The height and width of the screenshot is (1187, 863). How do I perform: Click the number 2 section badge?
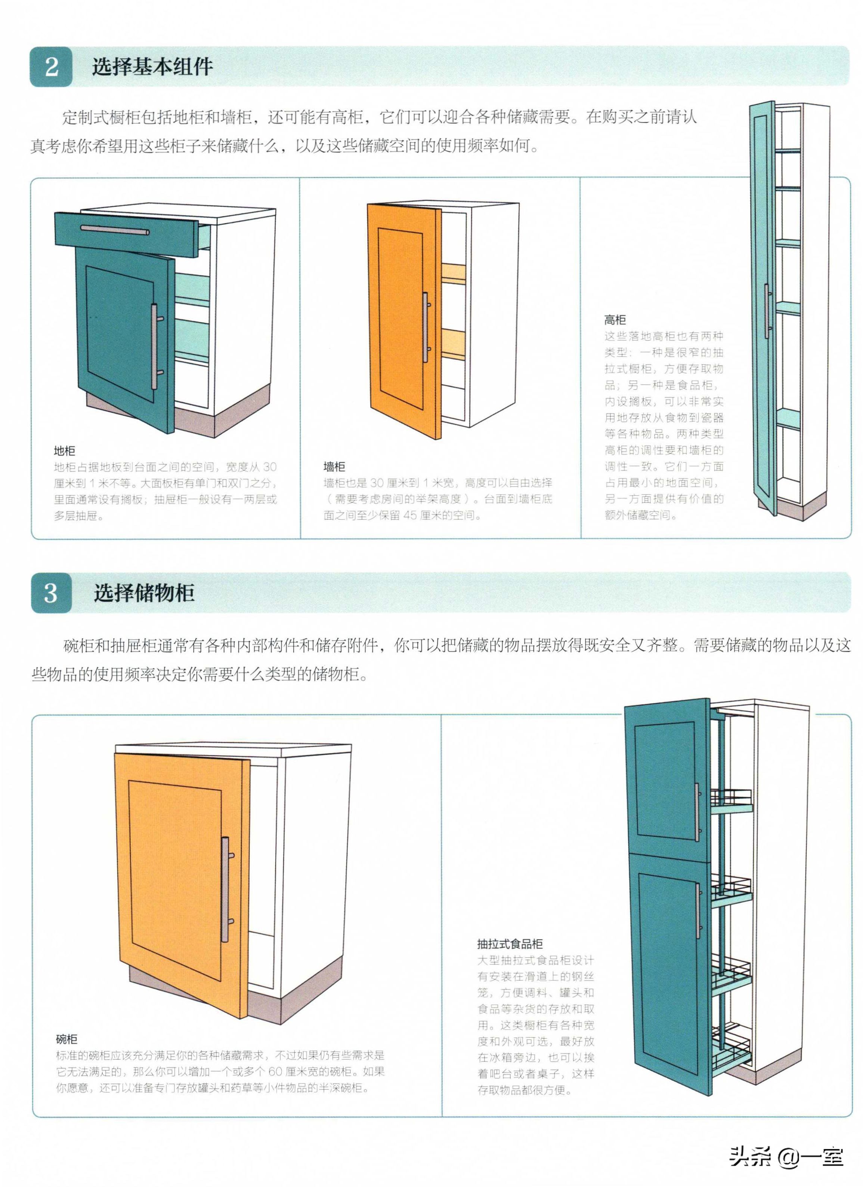click(x=51, y=67)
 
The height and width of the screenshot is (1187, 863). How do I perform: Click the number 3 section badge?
click(x=51, y=593)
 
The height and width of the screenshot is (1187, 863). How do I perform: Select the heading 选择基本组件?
click(x=153, y=67)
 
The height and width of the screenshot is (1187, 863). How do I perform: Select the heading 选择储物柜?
click(x=144, y=593)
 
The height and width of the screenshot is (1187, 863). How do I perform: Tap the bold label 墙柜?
click(x=334, y=466)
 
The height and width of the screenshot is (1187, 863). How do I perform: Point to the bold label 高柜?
click(x=615, y=320)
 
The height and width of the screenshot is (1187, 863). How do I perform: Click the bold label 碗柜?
click(x=66, y=1039)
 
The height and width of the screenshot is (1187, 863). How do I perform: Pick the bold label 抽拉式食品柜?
click(x=510, y=944)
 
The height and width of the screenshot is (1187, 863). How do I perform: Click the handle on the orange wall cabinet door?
click(x=426, y=327)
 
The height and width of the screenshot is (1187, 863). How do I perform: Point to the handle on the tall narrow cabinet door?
click(x=768, y=311)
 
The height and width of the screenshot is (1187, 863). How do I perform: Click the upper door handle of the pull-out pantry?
click(x=698, y=813)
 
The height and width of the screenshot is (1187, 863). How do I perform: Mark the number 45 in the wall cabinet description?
click(x=410, y=515)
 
